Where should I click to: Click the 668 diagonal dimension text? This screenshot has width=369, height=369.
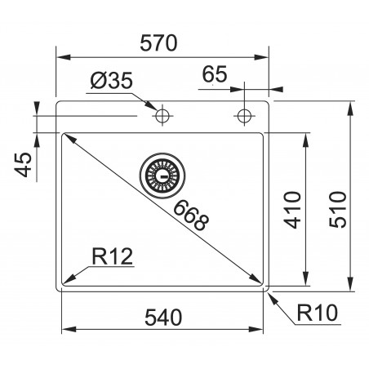193,215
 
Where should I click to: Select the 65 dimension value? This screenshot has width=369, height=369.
215,74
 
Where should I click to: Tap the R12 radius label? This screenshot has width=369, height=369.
112,257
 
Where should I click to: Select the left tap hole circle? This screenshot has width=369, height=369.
162,114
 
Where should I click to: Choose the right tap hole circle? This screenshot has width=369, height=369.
243,114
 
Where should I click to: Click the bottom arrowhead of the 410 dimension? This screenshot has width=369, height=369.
307,279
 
